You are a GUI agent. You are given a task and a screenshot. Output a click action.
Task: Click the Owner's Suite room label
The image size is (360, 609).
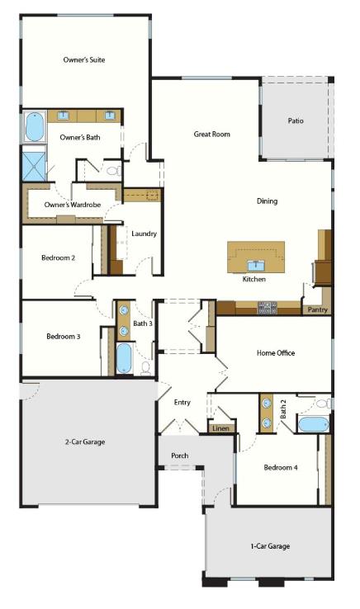83,59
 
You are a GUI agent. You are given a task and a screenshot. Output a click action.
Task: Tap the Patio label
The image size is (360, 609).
295,120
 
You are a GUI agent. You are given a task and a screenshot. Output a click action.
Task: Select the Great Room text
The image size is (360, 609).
211,134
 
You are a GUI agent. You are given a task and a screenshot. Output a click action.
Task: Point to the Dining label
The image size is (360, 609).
267,201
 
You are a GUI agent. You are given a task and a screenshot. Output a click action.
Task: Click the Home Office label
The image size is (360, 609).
275,353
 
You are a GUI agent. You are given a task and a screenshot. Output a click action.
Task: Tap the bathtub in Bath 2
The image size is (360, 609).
313,425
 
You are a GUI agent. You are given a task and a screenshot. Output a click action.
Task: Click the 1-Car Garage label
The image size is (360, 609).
269,545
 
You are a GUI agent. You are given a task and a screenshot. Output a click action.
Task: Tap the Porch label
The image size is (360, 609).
179,456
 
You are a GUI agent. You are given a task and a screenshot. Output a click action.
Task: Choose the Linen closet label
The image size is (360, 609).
220,429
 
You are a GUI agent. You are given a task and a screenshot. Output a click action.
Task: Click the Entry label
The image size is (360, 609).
182,402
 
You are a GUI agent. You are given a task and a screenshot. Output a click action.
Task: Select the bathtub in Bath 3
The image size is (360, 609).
124,359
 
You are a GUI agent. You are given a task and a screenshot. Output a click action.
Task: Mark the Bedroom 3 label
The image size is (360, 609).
63,337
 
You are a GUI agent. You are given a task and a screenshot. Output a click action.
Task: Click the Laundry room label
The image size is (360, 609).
144,234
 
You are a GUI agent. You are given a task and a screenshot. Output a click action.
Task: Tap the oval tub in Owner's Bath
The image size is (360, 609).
35,127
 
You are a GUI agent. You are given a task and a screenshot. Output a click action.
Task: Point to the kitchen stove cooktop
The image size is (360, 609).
267,308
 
